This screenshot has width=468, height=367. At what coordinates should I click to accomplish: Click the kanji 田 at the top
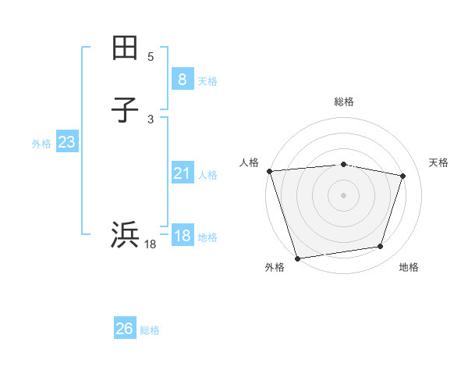(x=125, y=48)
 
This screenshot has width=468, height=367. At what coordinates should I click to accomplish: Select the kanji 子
(x=125, y=110)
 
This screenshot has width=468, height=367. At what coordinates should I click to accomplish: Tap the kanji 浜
(x=125, y=234)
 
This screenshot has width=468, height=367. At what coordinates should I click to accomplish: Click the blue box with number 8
(x=182, y=79)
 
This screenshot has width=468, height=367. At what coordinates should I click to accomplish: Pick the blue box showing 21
(x=182, y=173)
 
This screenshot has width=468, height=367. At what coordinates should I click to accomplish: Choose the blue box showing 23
(x=66, y=142)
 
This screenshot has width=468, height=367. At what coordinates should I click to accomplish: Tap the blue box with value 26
(x=125, y=329)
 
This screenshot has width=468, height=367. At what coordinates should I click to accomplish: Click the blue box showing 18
(x=182, y=236)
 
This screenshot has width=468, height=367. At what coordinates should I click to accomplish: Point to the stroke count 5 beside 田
(x=151, y=57)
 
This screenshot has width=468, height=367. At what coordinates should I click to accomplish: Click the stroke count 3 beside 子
(x=151, y=119)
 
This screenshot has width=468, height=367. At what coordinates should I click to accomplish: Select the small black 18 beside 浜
(x=151, y=244)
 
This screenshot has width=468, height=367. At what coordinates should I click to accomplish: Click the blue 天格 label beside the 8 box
(x=207, y=81)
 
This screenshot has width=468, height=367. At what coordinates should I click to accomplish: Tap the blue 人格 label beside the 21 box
(x=207, y=176)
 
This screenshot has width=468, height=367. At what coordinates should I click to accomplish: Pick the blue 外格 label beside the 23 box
(x=41, y=144)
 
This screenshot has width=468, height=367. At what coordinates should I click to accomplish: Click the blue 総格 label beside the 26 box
(x=150, y=331)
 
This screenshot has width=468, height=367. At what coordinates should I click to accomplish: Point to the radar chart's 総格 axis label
(x=343, y=102)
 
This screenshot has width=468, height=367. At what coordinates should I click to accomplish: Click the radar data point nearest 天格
(x=403, y=176)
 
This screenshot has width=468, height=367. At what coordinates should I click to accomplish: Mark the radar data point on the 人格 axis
(x=269, y=171)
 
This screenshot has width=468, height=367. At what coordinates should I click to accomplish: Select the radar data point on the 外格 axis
(x=297, y=258)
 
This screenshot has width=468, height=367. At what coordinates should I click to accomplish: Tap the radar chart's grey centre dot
(x=343, y=194)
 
